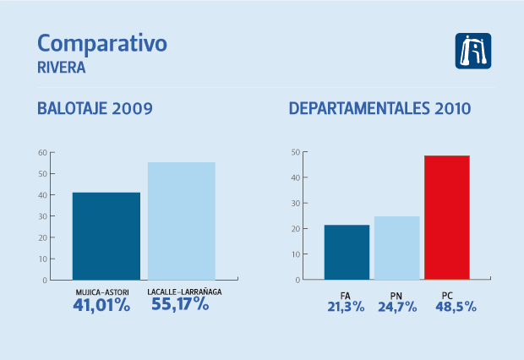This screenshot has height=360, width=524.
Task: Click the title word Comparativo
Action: pos(103,44)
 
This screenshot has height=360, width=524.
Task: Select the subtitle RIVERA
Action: pos(62,67)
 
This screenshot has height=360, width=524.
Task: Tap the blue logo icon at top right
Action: pos(473,51)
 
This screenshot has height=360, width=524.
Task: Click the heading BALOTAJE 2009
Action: pos(95,109)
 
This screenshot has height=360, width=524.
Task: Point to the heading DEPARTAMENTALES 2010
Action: pos(379,109)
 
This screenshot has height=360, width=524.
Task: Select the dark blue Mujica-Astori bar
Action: pos(106,236)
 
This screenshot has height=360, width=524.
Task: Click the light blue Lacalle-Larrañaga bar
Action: pos(181,221)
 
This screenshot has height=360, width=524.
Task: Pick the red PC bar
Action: pos(446,217)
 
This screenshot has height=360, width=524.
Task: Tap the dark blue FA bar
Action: pos(347,252)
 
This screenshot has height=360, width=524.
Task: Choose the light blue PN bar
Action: pos(396,248)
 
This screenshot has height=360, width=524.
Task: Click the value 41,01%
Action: pos(101,305)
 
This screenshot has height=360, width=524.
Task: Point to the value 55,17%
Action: pos(179,305)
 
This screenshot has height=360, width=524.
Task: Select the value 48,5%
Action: pos(448,307)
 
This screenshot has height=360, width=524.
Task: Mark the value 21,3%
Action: pos(346,307)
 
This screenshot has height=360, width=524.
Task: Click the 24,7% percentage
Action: pos(396,307)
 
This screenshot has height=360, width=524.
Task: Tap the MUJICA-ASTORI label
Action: pos(102,292)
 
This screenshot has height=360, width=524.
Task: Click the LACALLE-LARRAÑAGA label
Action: pos(180,292)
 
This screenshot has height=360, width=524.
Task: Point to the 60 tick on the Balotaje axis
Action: pos(41,153)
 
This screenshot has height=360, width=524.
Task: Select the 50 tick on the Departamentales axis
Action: pos(296,152)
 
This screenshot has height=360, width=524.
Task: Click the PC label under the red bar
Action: pos(447,295)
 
